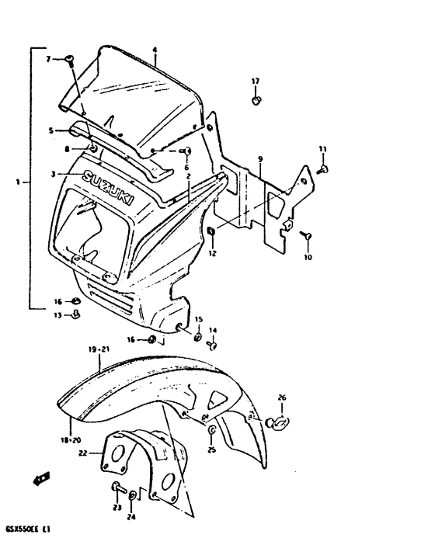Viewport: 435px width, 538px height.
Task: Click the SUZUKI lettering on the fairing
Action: (108, 189)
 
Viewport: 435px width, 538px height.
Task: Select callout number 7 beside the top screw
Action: (47, 59)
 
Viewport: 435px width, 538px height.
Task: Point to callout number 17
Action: (254, 81)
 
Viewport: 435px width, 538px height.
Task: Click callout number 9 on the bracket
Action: (259, 158)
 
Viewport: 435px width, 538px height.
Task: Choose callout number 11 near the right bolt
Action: (322, 148)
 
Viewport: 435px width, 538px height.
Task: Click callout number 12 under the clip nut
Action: (211, 253)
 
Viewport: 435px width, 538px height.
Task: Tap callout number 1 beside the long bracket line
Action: (18, 183)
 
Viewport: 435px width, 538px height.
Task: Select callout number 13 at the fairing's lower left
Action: (57, 314)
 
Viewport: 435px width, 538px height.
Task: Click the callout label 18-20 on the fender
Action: (71, 439)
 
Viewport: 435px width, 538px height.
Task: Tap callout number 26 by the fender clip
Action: (282, 397)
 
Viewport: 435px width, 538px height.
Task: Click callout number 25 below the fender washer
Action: (211, 450)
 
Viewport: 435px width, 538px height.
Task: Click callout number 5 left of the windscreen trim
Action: (51, 130)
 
